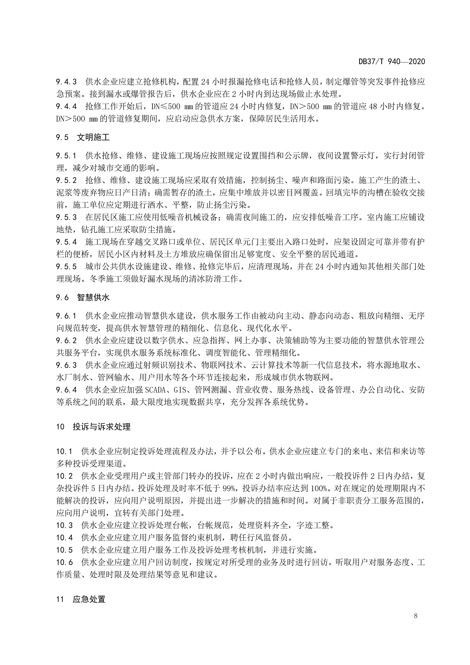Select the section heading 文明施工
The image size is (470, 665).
click(x=93, y=137)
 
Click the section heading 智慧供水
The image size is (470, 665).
click(x=93, y=297)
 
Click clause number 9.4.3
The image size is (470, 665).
click(x=66, y=82)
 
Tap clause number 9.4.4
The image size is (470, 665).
click(x=66, y=107)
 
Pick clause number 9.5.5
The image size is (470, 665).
click(x=66, y=267)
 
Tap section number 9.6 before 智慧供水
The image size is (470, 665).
click(x=62, y=297)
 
